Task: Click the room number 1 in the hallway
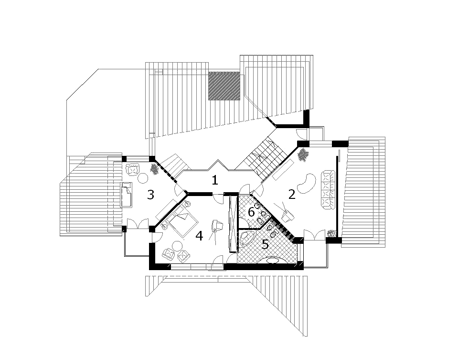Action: pos(215,180)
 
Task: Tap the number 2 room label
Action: pos(292,194)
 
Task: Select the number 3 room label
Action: pos(150,195)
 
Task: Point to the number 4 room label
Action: pos(199,236)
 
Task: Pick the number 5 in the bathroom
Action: pos(265,244)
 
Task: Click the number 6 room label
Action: pos(251,212)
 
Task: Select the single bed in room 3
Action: pos(127,195)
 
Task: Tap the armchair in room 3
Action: pos(133,170)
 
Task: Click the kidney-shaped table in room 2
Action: pos(306,184)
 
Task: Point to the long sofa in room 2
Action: pos(327,190)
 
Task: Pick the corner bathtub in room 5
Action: pos(247,238)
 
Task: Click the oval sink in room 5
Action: pos(273,260)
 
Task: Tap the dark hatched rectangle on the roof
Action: pos(224,86)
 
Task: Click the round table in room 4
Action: pos(177,246)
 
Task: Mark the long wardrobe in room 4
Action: pos(233,224)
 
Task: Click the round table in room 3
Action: pos(142,178)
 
